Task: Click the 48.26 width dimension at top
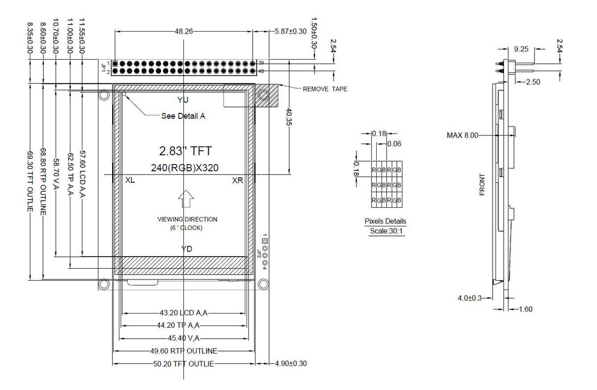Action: pos(183,32)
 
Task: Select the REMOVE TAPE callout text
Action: pos(325,89)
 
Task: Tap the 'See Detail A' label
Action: pos(183,116)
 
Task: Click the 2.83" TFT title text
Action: pos(184,151)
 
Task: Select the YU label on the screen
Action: pos(183,99)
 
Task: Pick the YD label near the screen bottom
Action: pos(186,248)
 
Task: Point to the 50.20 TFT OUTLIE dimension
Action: pos(176,363)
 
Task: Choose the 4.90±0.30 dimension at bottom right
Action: pos(291,363)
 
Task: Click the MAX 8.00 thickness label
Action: pos(463,136)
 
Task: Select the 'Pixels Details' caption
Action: pos(385,221)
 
